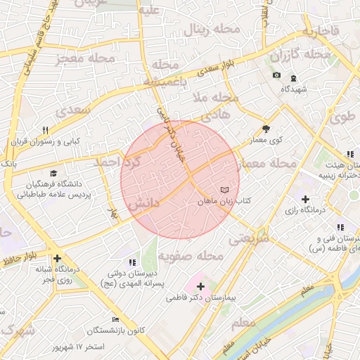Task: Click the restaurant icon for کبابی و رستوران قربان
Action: (x=46, y=130)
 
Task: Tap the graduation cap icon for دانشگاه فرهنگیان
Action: (x=53, y=174)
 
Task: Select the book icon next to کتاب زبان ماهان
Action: (x=224, y=191)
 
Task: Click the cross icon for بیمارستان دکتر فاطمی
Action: (x=201, y=286)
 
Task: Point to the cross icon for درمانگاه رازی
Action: (x=304, y=199)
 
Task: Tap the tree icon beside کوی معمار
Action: (x=266, y=129)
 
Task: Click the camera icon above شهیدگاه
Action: (x=277, y=75)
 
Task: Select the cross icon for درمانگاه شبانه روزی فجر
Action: (x=57, y=258)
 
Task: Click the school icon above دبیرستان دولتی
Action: (x=133, y=262)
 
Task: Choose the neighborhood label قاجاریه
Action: (x=321, y=32)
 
